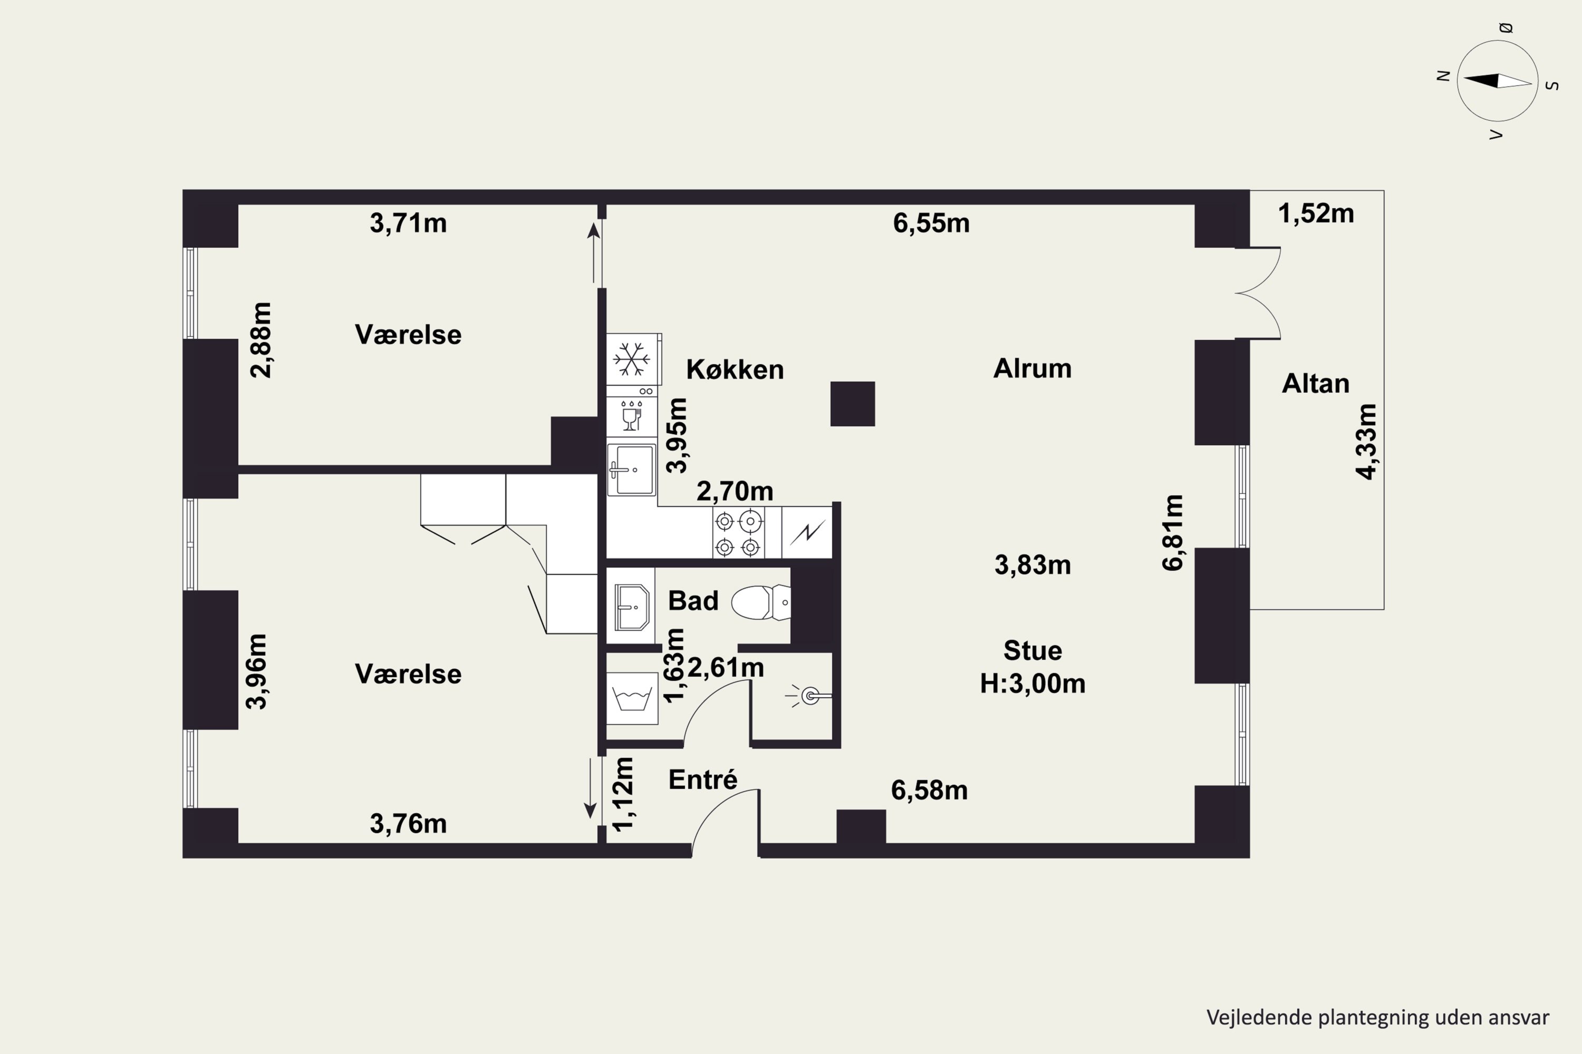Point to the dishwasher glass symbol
(x=631, y=415)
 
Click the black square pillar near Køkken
(x=852, y=404)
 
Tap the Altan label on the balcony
(x=1316, y=384)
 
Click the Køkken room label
(x=735, y=370)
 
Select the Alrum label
(x=1033, y=368)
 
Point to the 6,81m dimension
(x=1172, y=533)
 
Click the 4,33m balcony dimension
(x=1366, y=442)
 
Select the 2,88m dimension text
(x=261, y=340)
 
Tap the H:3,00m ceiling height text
(x=1033, y=684)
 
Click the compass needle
(x=1498, y=81)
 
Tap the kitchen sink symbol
(x=631, y=469)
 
